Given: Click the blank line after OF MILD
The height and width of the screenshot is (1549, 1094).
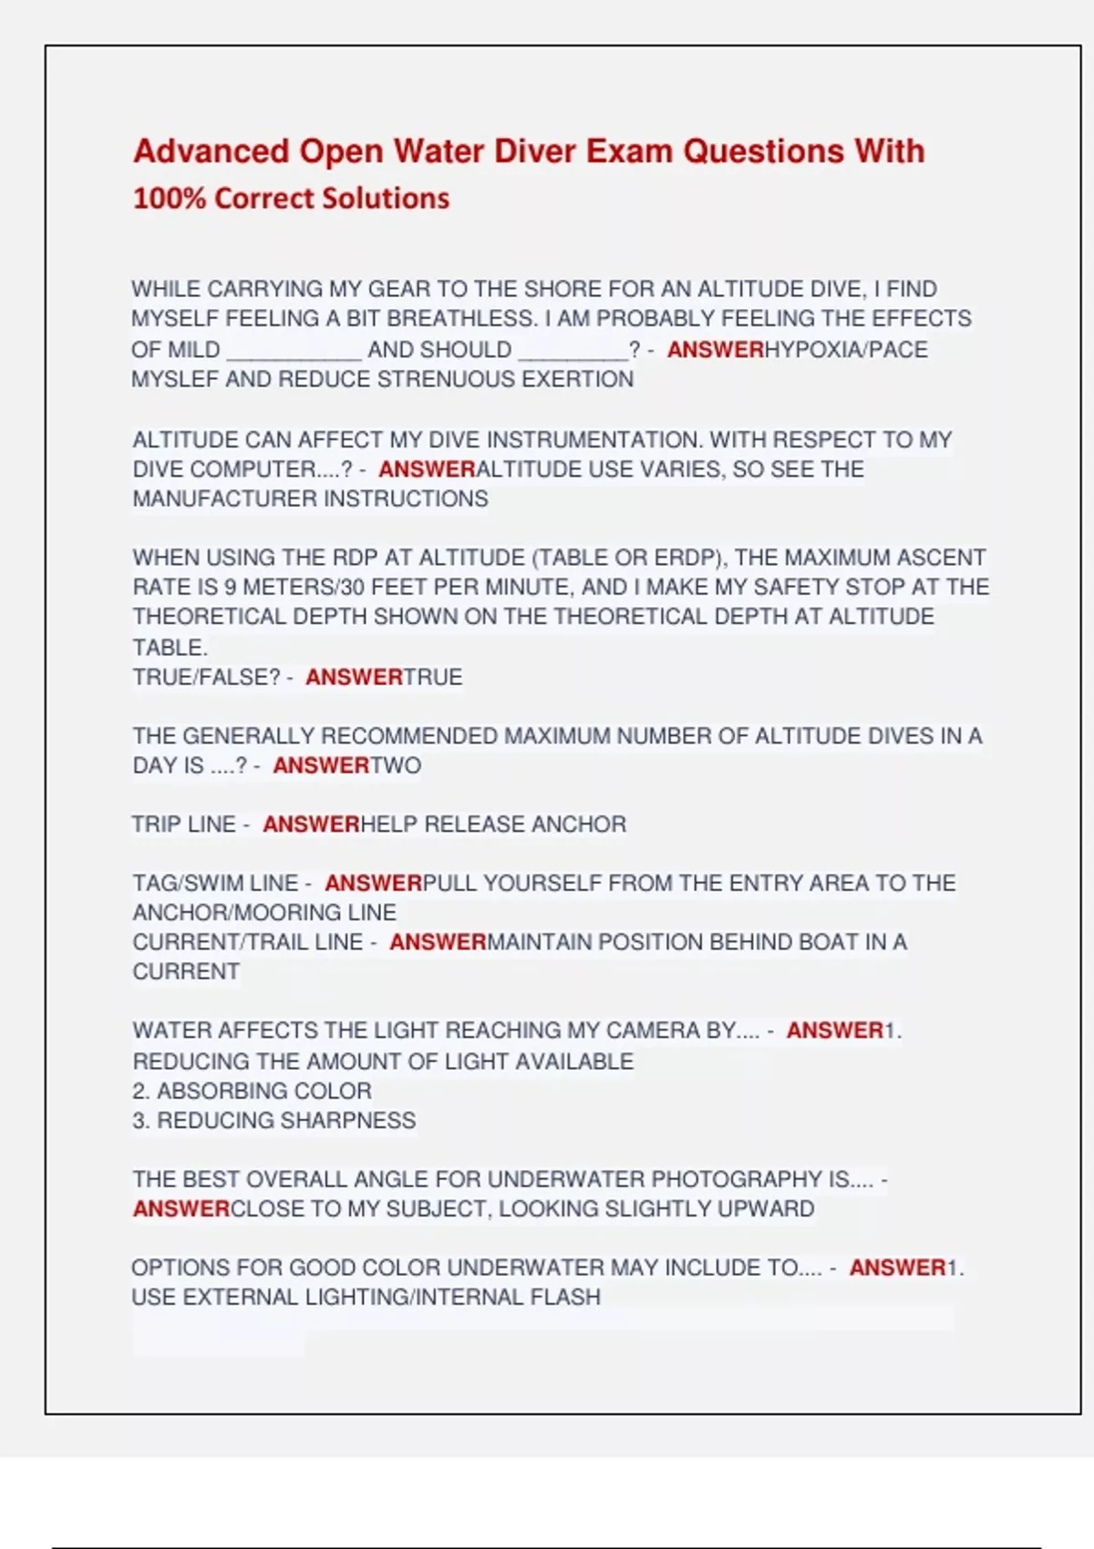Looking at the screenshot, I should [x=294, y=351].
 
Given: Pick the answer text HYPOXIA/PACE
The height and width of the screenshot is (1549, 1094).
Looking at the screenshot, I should [x=846, y=350].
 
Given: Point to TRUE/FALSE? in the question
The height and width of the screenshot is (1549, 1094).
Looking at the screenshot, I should [x=207, y=678].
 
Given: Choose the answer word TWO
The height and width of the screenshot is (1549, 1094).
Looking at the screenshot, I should [x=396, y=765].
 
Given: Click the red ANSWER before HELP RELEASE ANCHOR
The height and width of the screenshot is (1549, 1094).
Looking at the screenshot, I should [x=311, y=825].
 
